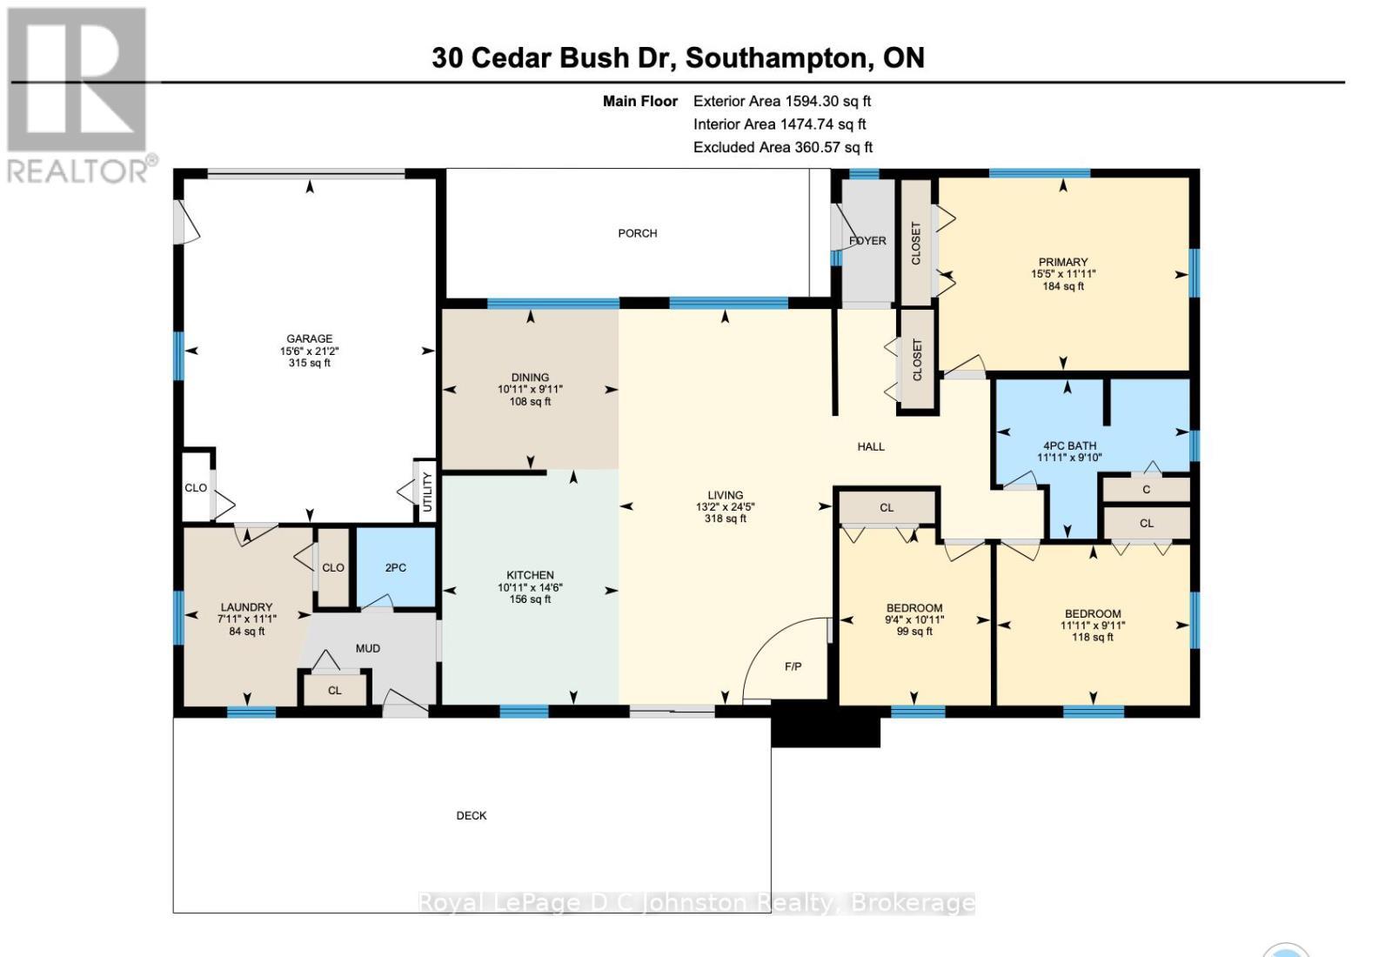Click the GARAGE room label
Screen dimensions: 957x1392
pos(310,338)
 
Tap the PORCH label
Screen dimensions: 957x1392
pos(637,233)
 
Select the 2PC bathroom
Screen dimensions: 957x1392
pos(396,567)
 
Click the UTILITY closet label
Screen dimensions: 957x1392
pos(426,492)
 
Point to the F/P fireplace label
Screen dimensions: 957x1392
pos(793,666)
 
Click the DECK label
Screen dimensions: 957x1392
pos(472,815)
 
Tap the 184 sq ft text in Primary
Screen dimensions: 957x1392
pos(1063,286)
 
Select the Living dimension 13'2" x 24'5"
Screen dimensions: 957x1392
pos(725,506)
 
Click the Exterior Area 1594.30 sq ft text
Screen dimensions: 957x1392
pos(781,101)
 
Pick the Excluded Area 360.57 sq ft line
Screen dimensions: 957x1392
pos(782,147)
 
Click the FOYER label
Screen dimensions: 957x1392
pos(867,240)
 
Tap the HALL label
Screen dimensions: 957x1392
pos(870,446)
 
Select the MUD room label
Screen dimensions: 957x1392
pos(368,648)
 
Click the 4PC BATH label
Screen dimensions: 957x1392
pos(1069,445)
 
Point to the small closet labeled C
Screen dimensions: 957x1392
pos(1146,490)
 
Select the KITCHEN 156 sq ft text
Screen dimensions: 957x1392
pos(530,599)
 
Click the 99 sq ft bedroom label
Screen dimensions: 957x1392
pos(914,632)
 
